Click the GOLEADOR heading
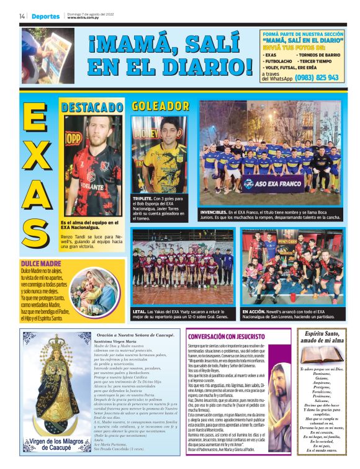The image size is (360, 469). (160, 106)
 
